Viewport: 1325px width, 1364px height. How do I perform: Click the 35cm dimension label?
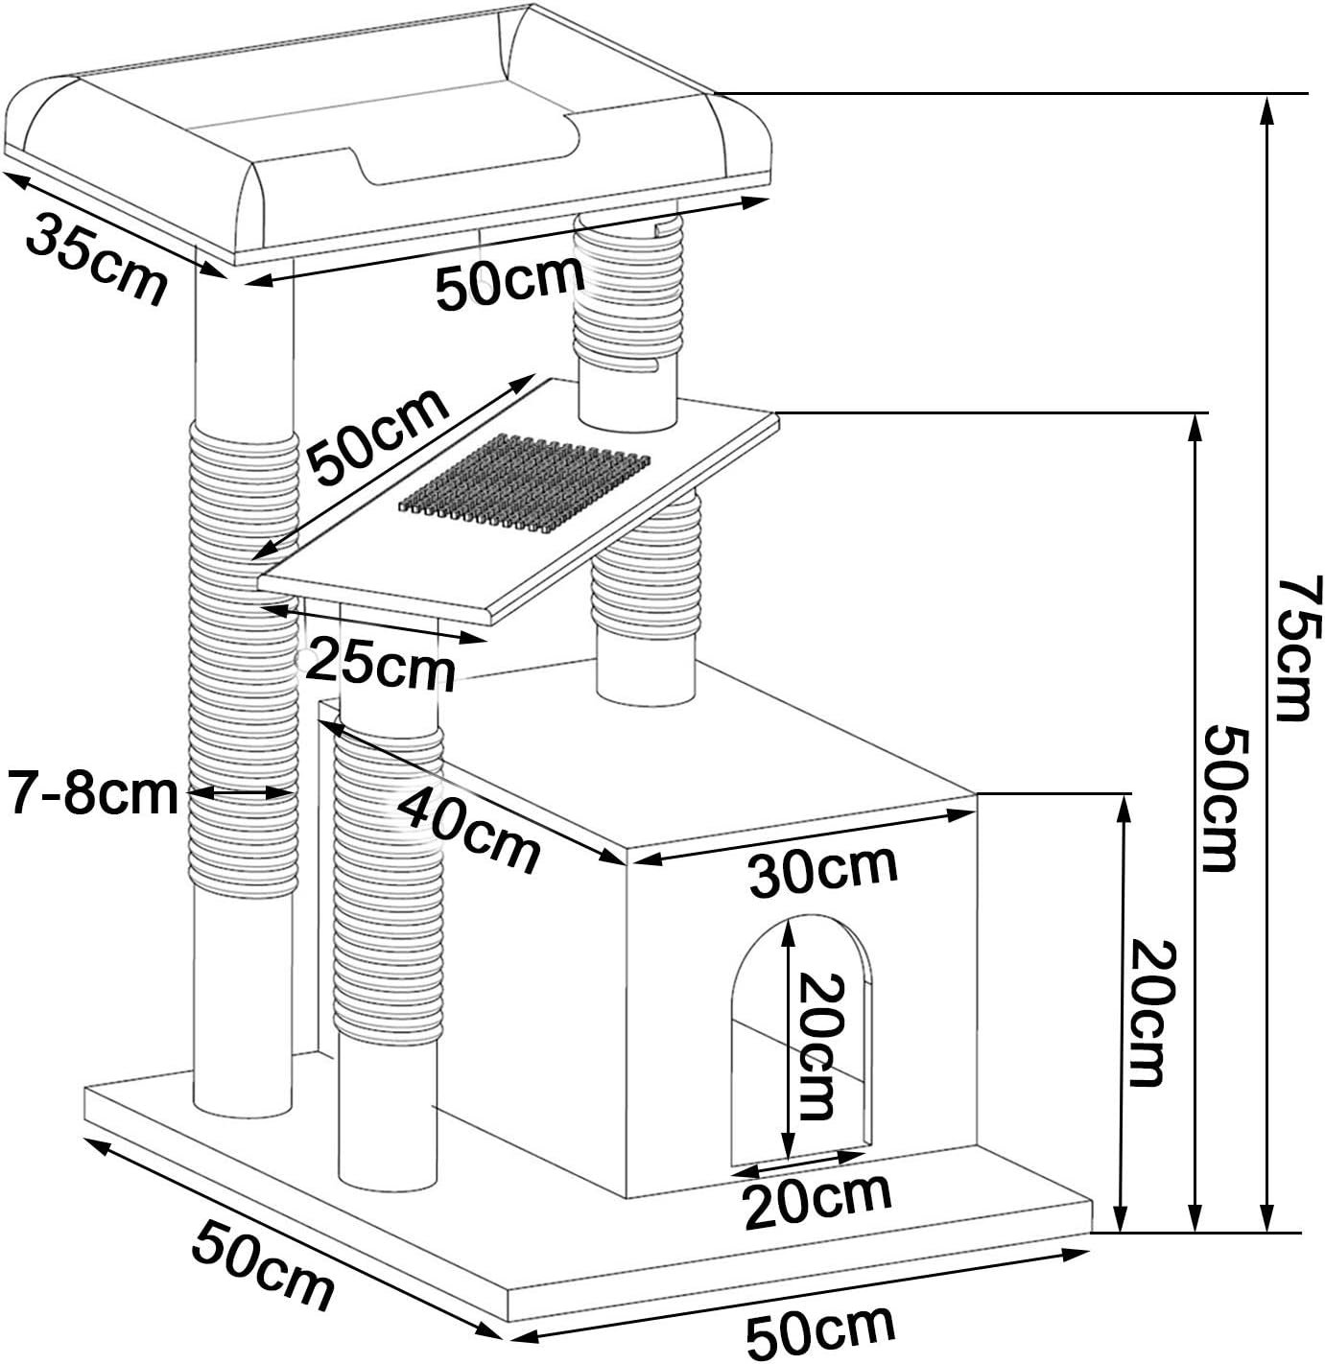96,258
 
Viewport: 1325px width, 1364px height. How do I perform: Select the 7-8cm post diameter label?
93,794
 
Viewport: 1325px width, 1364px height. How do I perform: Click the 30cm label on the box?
823,870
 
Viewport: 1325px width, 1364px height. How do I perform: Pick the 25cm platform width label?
381,665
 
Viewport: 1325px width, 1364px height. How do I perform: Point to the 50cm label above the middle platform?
378,437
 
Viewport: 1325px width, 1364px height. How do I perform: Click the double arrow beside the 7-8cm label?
240,792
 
